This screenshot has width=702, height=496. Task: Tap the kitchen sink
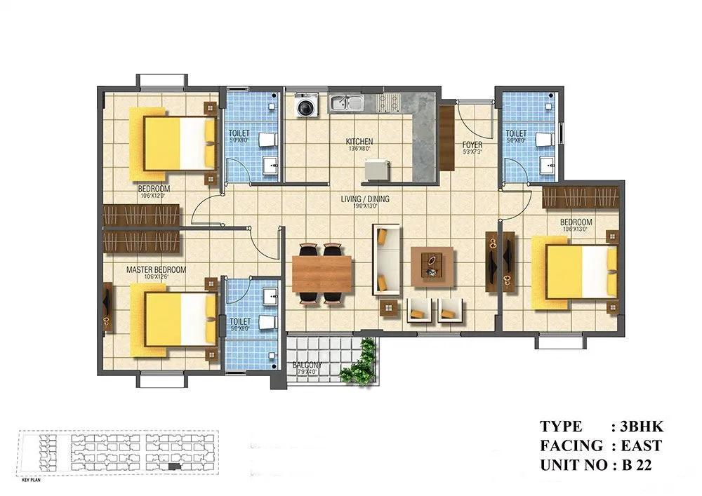point(347,105)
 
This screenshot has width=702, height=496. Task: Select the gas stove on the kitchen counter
point(390,104)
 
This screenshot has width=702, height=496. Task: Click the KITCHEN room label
point(359,142)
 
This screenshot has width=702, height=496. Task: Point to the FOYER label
point(472,146)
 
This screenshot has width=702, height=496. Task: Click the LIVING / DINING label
point(365,199)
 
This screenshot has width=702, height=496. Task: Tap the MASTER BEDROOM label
point(156,269)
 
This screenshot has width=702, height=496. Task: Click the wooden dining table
point(322,274)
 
